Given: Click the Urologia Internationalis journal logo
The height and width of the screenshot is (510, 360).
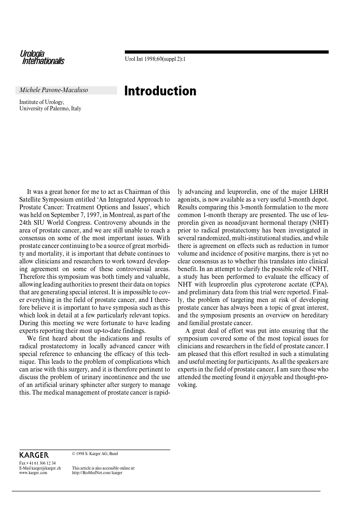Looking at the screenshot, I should (42, 58).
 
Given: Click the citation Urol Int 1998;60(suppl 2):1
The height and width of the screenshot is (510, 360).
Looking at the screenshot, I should (155, 59).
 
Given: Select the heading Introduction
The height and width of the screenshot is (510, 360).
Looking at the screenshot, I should (160, 91).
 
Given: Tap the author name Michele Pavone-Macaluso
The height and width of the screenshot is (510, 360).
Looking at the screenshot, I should (54, 90).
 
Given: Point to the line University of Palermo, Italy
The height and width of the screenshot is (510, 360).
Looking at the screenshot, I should (50, 109).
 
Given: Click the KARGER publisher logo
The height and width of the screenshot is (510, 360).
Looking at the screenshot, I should (34, 455).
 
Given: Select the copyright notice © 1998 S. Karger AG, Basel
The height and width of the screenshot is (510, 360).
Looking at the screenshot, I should (95, 453).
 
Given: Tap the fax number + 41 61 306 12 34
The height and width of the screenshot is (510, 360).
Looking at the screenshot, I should (37, 463).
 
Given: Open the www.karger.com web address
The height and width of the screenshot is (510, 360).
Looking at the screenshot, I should (33, 473).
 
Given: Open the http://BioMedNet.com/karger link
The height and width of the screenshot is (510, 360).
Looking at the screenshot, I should (97, 473).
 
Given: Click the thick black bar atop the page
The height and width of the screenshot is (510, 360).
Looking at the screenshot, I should (227, 52).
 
